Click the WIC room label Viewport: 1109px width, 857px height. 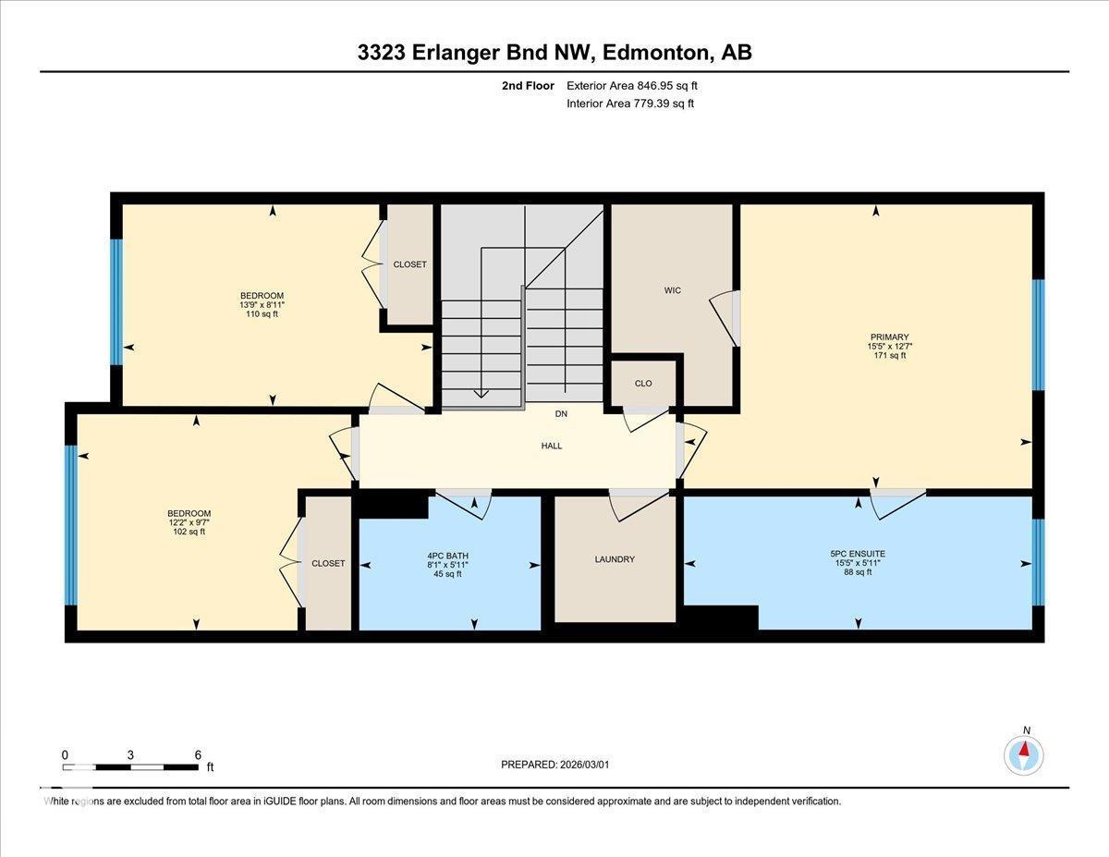point(672,291)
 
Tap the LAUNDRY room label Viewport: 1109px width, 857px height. point(615,559)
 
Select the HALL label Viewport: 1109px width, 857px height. point(552,446)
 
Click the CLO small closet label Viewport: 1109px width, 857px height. point(643,383)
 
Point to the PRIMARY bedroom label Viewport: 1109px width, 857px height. point(889,337)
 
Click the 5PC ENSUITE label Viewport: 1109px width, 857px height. point(858,554)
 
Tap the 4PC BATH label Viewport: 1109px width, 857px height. point(447,556)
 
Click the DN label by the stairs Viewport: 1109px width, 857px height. point(561,413)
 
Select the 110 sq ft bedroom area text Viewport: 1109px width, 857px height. point(262,314)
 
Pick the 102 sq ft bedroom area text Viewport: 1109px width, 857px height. point(189,532)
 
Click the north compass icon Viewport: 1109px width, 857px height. point(1024,753)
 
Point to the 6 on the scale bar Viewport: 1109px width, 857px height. point(198,754)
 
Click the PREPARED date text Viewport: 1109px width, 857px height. point(555,765)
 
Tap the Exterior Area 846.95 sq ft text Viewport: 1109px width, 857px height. point(632,85)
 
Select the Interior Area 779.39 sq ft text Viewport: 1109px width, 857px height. point(630,104)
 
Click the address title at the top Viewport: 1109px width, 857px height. point(554,53)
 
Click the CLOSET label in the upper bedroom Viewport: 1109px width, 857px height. point(409,264)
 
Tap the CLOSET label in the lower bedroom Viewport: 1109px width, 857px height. point(328,563)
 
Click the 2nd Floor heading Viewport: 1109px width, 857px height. point(528,85)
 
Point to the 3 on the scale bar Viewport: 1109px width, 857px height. point(130,754)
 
